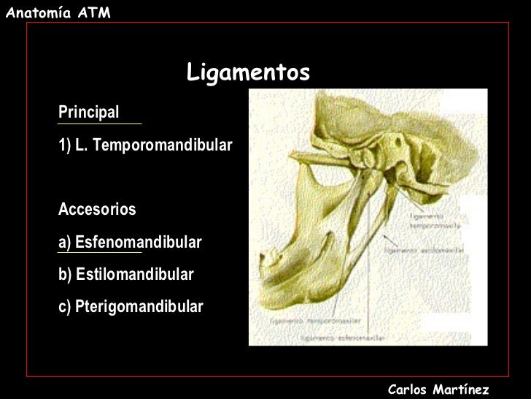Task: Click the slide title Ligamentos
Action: [249, 72]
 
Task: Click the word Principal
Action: [88, 113]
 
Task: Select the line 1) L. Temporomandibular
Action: [144, 146]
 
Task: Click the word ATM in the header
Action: [95, 9]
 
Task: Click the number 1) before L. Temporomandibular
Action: [64, 146]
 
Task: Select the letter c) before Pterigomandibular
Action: [64, 306]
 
